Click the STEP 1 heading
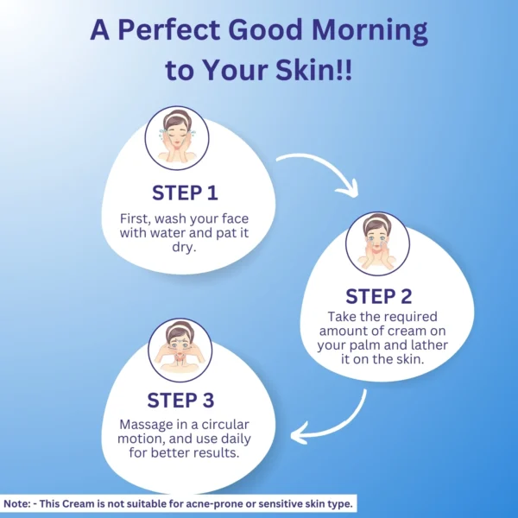[x=185, y=193]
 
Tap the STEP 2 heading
[x=379, y=296]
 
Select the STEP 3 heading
[x=180, y=400]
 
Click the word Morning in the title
[x=370, y=30]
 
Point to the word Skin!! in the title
[x=314, y=70]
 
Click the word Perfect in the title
[x=169, y=29]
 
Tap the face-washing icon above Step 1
[x=177, y=138]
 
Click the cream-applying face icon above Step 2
[x=377, y=243]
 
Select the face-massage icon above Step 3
[x=180, y=351]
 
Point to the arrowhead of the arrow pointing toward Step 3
[x=298, y=433]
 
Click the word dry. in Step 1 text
[x=185, y=248]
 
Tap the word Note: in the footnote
[x=16, y=504]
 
